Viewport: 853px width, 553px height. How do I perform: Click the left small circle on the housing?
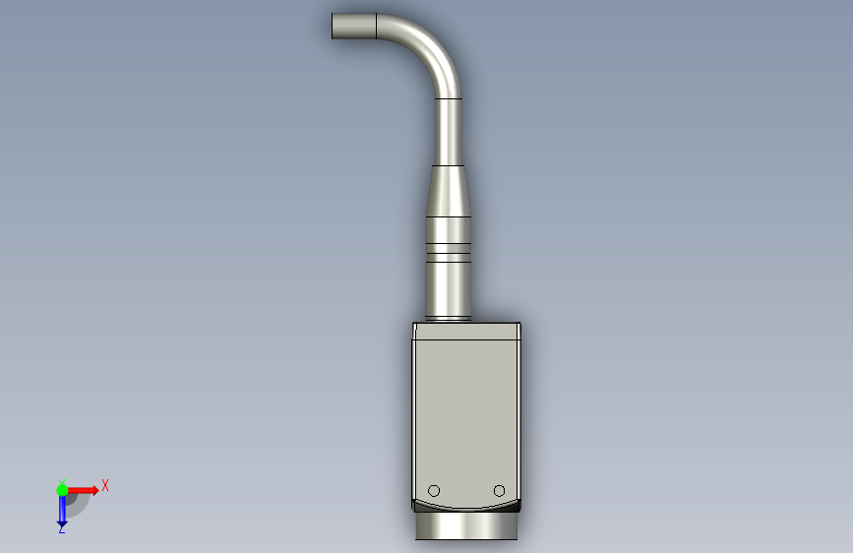[434, 491]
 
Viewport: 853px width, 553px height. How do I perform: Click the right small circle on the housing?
[499, 491]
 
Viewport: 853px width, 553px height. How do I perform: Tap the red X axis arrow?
[82, 490]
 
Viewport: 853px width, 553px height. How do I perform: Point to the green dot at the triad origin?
[62, 490]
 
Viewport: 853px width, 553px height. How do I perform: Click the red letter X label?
[105, 485]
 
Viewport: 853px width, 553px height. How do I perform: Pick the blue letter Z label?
[61, 529]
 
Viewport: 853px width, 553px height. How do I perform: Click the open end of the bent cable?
[333, 27]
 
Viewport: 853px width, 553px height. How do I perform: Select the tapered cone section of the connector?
[448, 191]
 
